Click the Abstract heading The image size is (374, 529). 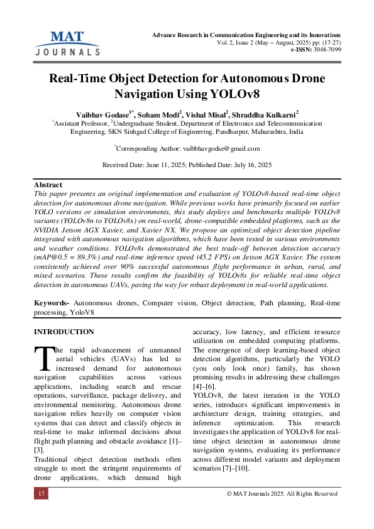click(x=48, y=185)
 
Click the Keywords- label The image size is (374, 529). click(x=52, y=303)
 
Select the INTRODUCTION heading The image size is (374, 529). click(x=63, y=332)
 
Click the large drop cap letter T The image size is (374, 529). click(x=43, y=359)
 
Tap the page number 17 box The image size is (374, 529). click(x=41, y=494)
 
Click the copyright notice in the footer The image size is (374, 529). click(x=282, y=494)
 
